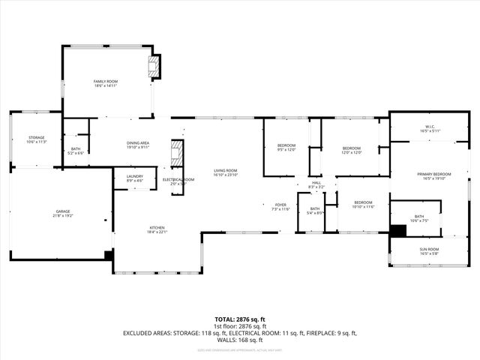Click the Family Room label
tap(106, 83)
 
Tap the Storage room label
tap(36, 139)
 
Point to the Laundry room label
tap(124, 178)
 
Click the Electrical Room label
tap(178, 181)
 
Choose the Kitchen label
tap(157, 229)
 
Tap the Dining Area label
tap(137, 145)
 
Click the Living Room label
tap(225, 172)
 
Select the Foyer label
tap(280, 206)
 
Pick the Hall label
tap(316, 184)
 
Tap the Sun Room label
tap(428, 250)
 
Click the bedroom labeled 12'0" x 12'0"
tap(352, 150)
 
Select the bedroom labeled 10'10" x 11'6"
tap(363, 204)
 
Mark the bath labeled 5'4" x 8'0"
tap(315, 211)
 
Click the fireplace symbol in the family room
tap(154, 66)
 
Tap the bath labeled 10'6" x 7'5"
tap(418, 218)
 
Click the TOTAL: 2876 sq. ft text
tap(240, 319)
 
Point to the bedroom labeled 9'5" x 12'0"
tap(286, 147)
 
